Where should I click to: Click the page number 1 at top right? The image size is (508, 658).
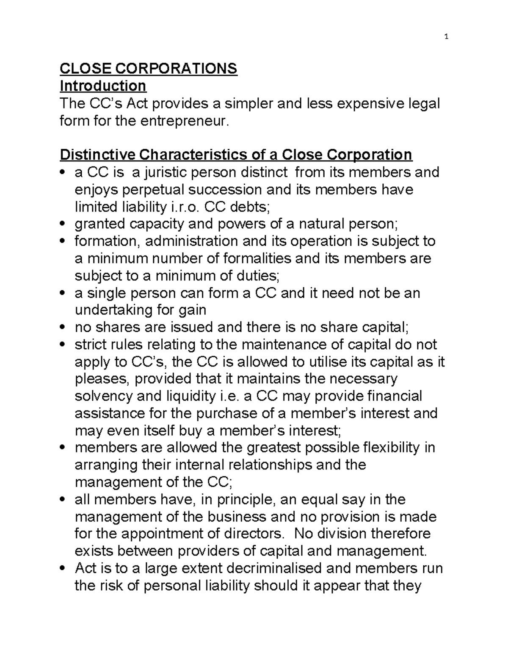pyautogui.click(x=446, y=37)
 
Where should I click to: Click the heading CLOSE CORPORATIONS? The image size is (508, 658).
pyautogui.click(x=149, y=69)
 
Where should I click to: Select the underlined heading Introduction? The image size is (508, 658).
pyautogui.click(x=103, y=86)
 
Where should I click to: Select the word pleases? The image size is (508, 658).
pyautogui.click(x=102, y=379)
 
